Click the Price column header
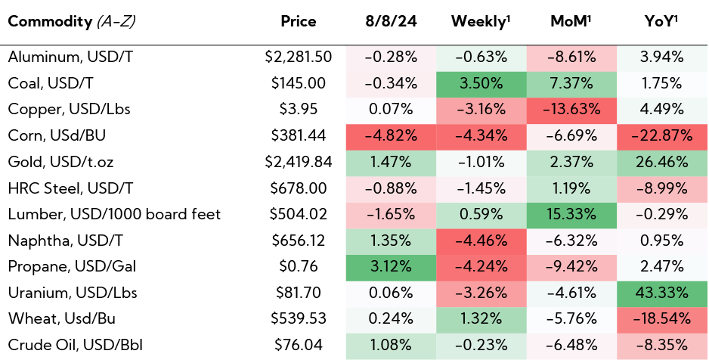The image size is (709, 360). tap(298, 22)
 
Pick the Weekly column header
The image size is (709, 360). tap(481, 22)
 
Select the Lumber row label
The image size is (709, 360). tap(114, 214)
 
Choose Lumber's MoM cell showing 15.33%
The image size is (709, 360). tap(572, 214)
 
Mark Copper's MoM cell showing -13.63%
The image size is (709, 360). tap(572, 109)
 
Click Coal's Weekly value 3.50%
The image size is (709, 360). tap(481, 82)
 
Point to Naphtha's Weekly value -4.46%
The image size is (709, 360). tap(481, 241)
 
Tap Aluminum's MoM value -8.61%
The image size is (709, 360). tap(572, 57)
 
